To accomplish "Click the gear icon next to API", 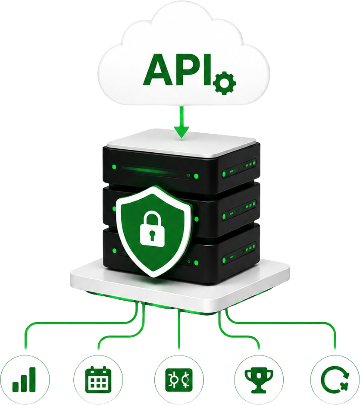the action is tap(225, 83).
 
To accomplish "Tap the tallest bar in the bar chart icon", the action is tap(32, 380).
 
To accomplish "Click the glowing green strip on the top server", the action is tap(147, 170).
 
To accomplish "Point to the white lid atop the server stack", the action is tap(181, 143).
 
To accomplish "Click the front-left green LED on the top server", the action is tap(114, 167).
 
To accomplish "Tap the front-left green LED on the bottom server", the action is tap(114, 250).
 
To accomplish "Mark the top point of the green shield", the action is tap(154, 187).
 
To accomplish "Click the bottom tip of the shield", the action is tap(154, 276).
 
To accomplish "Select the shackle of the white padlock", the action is tap(152, 218).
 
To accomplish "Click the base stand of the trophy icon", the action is tap(259, 389).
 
